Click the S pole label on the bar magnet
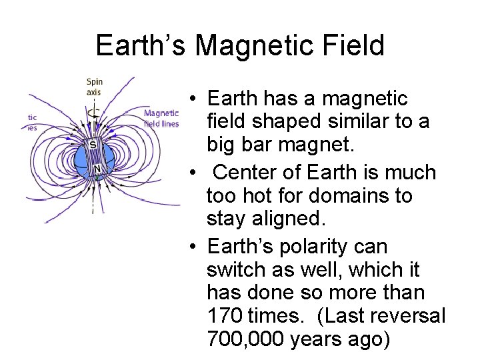pos(94,144)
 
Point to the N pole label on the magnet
pos(97,169)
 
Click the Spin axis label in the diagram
pos(94,87)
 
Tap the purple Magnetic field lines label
pos(161,118)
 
